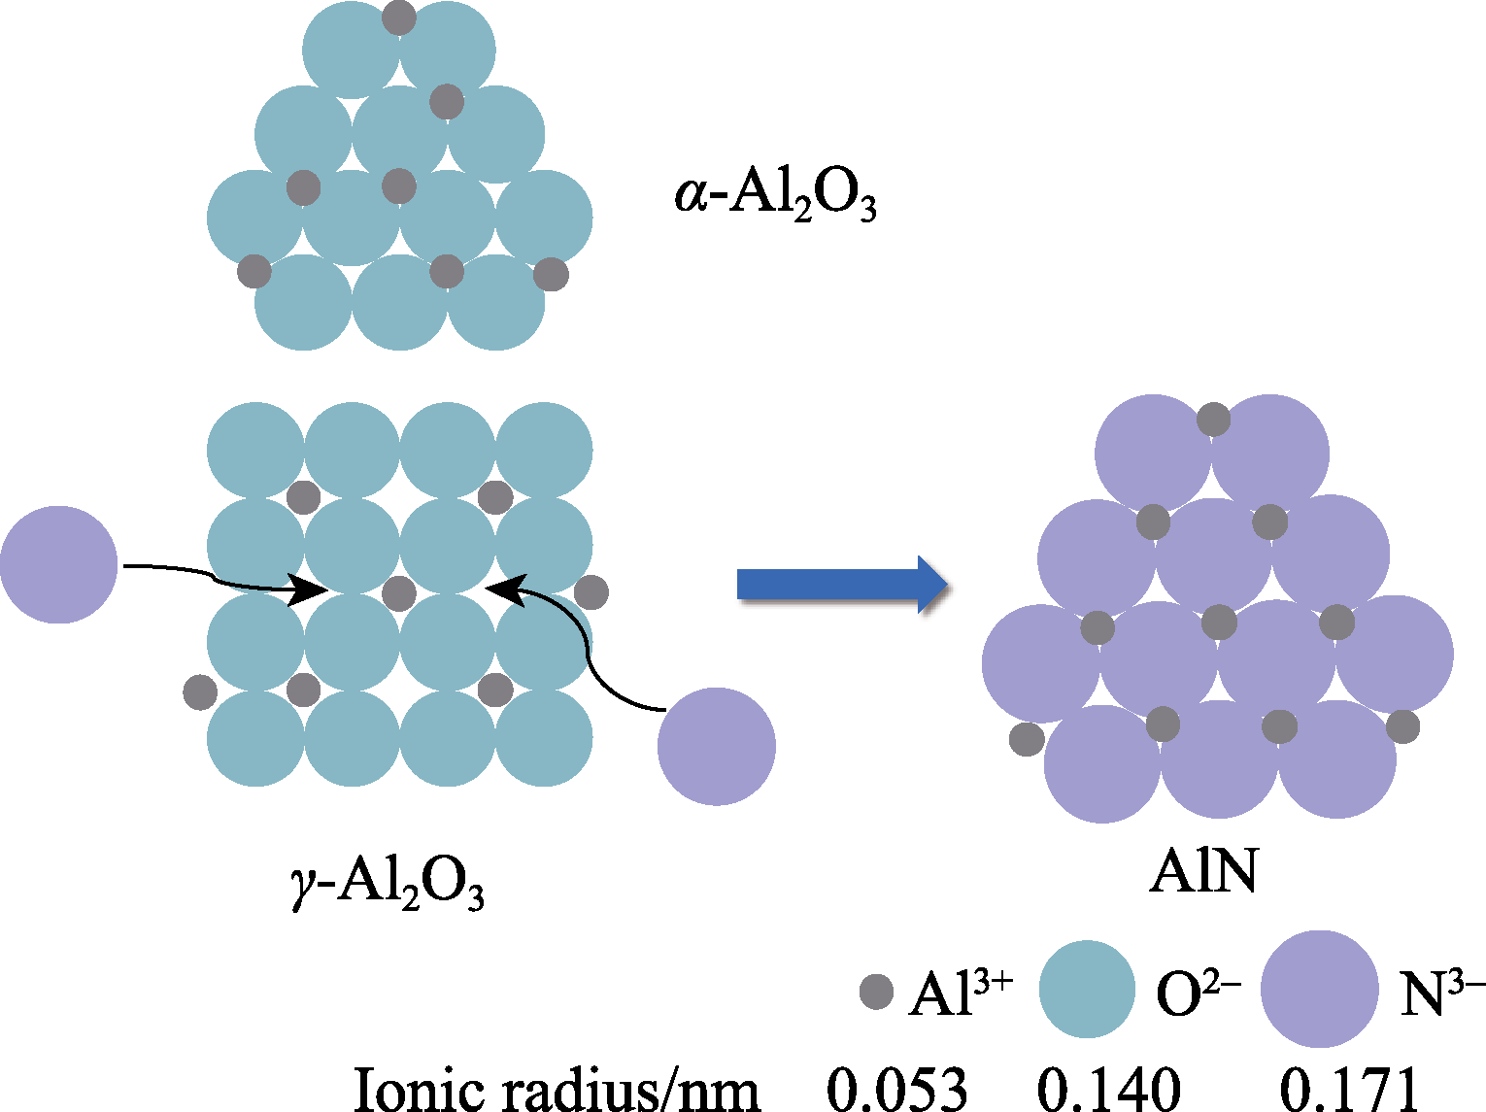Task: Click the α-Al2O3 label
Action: (775, 196)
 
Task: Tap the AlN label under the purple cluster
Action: (1203, 872)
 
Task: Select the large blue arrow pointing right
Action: (841, 585)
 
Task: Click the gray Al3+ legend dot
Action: (876, 992)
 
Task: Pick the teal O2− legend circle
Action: (1087, 989)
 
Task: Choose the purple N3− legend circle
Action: (1320, 989)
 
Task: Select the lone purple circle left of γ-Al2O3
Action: (59, 564)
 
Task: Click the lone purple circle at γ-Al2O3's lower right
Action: (716, 746)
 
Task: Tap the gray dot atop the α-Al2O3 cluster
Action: (399, 17)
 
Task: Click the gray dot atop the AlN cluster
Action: (1213, 419)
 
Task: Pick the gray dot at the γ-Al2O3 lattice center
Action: (399, 593)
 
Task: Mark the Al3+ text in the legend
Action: (960, 993)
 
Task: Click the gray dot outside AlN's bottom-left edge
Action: (1027, 739)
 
